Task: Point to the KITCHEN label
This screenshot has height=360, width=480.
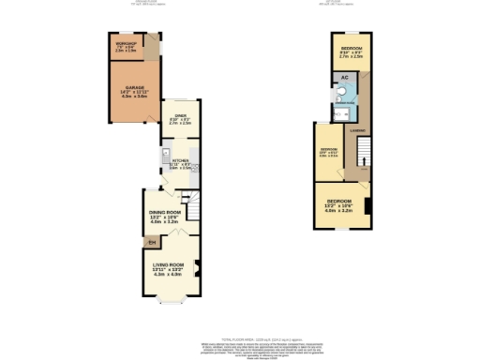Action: point(180,160)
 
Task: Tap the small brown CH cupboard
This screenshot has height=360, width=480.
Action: point(150,244)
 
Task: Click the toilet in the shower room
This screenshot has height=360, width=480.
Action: point(348,93)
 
